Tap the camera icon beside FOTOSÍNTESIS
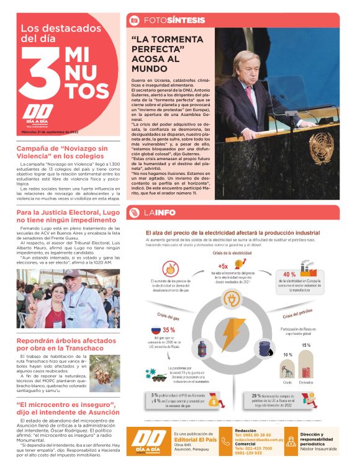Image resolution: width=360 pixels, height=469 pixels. click(133, 20)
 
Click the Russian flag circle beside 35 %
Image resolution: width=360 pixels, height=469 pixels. click(156, 332)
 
